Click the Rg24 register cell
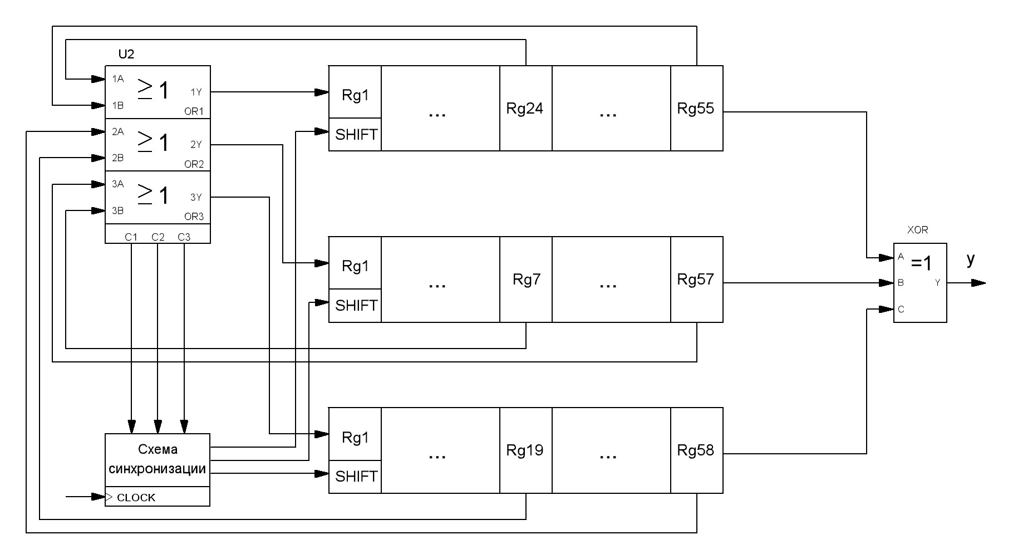(525, 108)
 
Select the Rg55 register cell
(696, 108)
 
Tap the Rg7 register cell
(526, 279)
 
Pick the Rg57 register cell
(696, 279)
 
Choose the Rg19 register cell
(525, 450)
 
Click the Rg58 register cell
(696, 450)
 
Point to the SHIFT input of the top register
(356, 134)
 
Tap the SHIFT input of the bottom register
(356, 476)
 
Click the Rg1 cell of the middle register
(355, 266)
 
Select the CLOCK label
(136, 497)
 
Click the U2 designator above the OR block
(126, 54)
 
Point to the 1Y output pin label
(196, 92)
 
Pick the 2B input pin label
(117, 158)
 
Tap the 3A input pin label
(117, 184)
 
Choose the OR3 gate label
(194, 217)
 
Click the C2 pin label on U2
(158, 237)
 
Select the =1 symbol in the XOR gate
(921, 263)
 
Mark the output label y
(971, 259)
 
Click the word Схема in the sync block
(158, 449)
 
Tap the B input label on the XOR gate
(901, 283)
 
